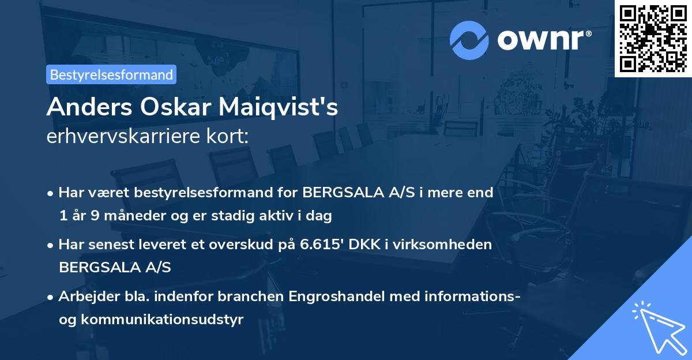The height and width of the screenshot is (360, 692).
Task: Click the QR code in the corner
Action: coord(653,39)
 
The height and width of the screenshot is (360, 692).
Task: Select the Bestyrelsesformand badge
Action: coord(111,74)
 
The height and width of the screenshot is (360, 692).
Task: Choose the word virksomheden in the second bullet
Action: coord(444,245)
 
